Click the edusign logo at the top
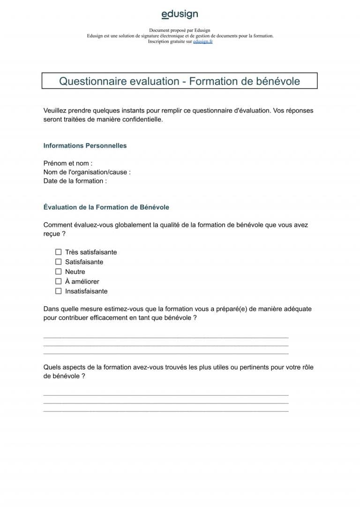[x=180, y=15]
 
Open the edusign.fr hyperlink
[x=202, y=42]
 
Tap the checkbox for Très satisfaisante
[x=59, y=252]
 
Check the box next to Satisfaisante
[x=59, y=262]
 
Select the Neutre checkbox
[x=59, y=272]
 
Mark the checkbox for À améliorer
[x=59, y=281]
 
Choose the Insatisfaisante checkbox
[x=59, y=291]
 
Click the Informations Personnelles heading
[x=85, y=146]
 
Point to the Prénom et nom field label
[x=67, y=163]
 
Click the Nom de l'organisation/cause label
[x=87, y=172]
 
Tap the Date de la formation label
[x=75, y=181]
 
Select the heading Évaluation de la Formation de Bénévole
[x=106, y=207]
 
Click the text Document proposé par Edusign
[x=180, y=30]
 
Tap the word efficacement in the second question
[x=112, y=318]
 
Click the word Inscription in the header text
[x=157, y=42]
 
